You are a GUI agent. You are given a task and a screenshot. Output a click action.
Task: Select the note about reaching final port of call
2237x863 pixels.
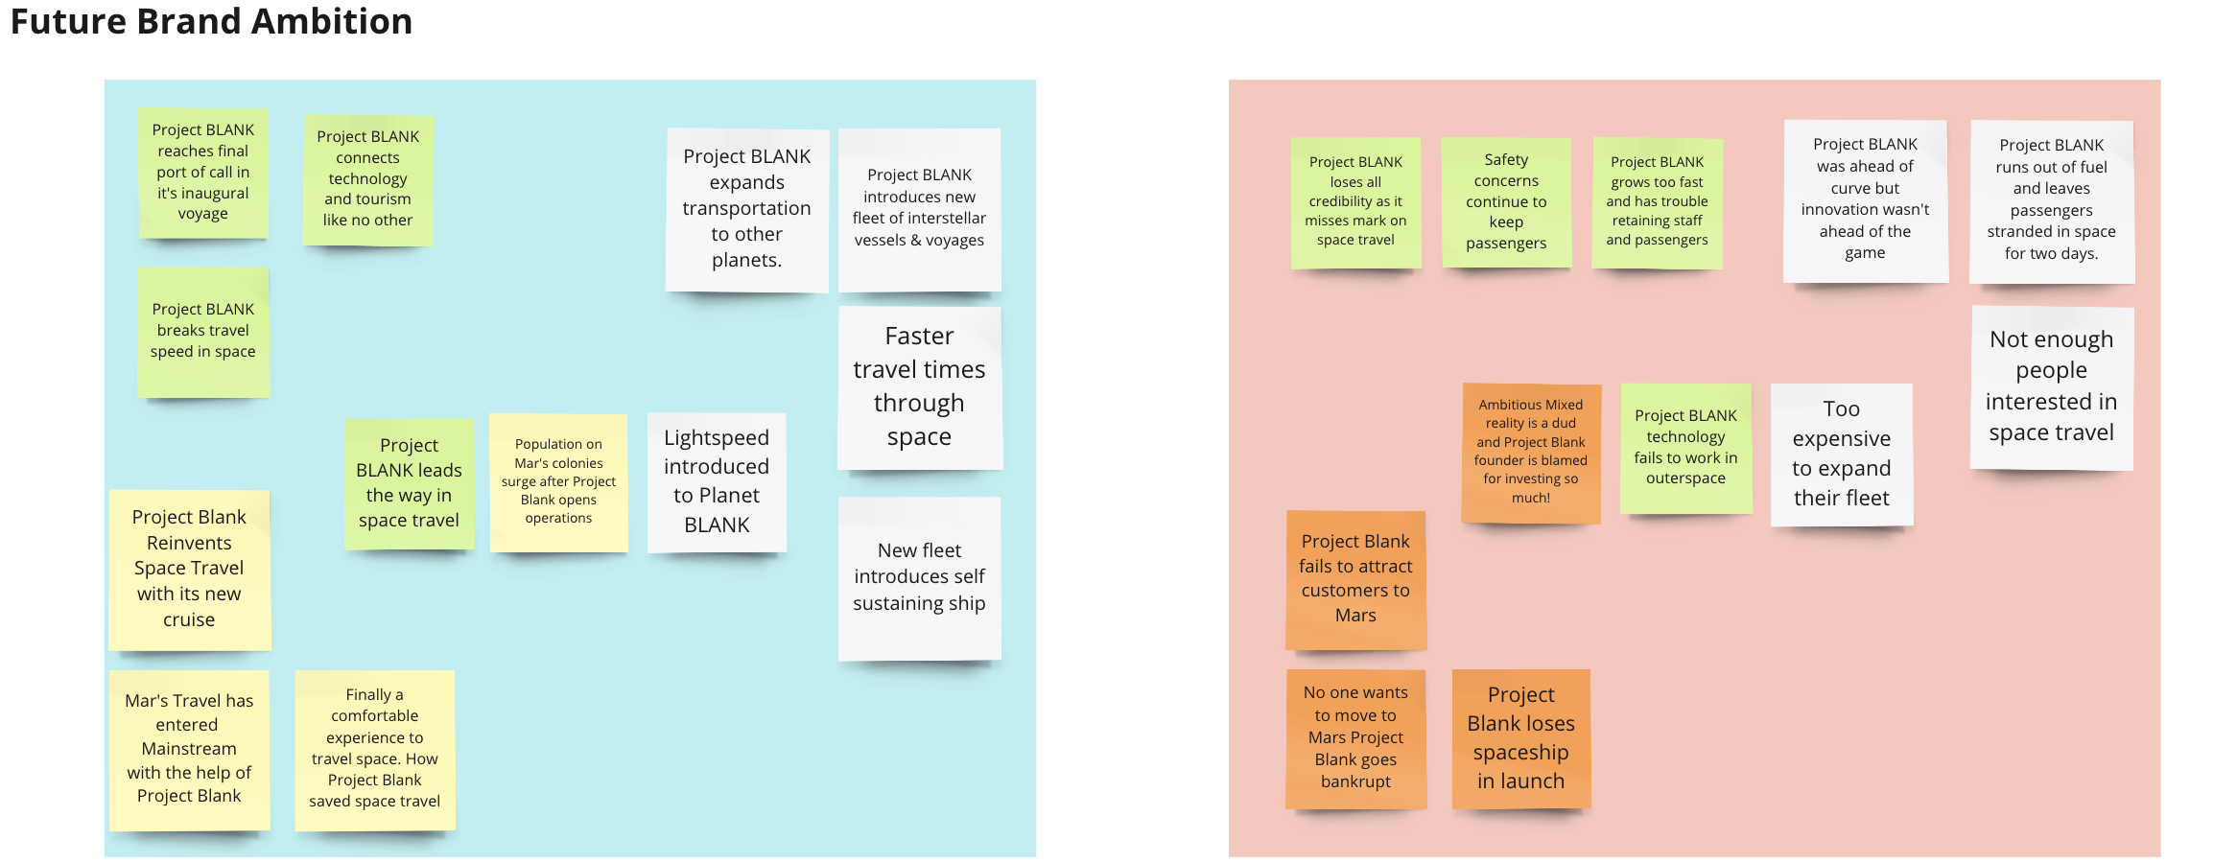point(203,173)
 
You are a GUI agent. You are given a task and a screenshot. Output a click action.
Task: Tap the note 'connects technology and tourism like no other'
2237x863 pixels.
point(367,179)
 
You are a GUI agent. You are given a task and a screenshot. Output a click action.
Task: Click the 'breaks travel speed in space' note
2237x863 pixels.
point(203,331)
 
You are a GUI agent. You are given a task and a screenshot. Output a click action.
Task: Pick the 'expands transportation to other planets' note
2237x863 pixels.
point(746,209)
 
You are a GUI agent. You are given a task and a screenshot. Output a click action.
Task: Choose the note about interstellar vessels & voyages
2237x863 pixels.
point(919,208)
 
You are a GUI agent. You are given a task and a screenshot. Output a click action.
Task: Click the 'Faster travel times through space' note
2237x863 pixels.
point(919,386)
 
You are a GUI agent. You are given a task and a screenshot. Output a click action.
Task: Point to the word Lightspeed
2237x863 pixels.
point(717,438)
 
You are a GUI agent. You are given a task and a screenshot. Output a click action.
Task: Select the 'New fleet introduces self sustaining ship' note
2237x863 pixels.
point(919,576)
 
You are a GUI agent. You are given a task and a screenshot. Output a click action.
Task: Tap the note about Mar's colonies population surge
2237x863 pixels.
point(558,481)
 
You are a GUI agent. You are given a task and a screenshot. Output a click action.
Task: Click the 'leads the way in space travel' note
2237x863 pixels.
point(409,483)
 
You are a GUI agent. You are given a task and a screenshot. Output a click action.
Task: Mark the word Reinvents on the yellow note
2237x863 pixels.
point(189,543)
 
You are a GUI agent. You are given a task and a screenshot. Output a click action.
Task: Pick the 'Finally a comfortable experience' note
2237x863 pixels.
point(374,748)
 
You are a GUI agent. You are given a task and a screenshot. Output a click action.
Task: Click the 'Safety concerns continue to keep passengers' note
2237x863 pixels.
point(1506,202)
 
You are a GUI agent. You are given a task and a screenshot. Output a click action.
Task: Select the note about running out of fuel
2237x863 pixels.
point(2051,199)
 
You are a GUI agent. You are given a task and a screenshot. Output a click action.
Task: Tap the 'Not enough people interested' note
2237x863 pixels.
point(2051,386)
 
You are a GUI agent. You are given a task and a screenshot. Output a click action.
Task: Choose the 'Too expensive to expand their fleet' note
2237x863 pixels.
point(1841,454)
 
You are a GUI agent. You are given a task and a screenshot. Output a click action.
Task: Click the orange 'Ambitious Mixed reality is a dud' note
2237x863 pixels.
point(1530,452)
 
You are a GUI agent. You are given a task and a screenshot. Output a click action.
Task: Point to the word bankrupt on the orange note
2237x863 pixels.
point(1355,781)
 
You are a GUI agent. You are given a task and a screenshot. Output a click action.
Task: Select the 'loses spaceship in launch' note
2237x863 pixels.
point(1520,738)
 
